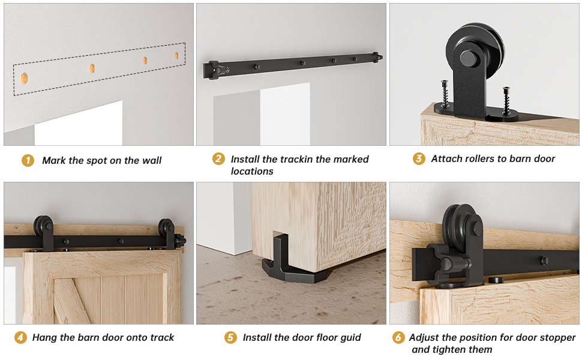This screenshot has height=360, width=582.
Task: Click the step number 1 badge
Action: click(x=28, y=161)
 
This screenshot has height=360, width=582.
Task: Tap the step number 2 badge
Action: click(x=218, y=159)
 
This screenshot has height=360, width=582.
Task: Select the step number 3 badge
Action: click(x=419, y=159)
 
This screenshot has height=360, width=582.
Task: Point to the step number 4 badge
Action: click(x=20, y=337)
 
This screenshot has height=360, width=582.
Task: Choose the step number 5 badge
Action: click(x=230, y=337)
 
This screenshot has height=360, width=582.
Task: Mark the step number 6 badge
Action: click(x=398, y=337)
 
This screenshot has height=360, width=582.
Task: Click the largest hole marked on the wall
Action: click(x=24, y=79)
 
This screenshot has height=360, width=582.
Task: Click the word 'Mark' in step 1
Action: click(x=54, y=160)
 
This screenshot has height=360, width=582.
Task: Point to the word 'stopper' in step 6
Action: click(x=557, y=338)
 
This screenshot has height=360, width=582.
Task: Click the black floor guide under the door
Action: click(x=290, y=263)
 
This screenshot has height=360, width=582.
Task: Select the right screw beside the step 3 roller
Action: click(x=506, y=100)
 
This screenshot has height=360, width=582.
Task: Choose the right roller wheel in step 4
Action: click(x=167, y=227)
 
